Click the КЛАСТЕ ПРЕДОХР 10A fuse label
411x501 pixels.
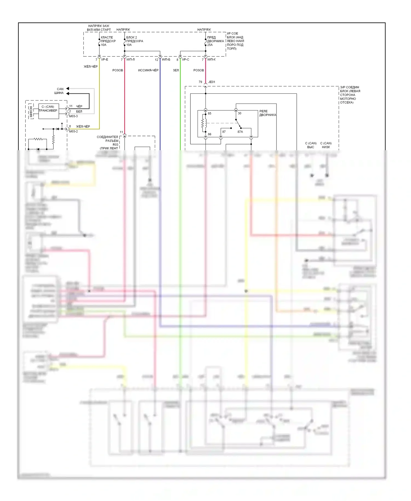pos(108,41)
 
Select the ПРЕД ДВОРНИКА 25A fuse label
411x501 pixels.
pos(215,41)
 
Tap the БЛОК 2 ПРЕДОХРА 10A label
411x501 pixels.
pos(134,41)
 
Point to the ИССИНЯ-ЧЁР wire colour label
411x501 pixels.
pos(148,70)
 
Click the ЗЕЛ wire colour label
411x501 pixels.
pos(176,70)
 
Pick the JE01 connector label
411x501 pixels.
pos(212,82)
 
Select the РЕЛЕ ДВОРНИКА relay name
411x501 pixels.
pos(267,113)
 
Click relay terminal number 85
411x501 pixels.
pos(210,113)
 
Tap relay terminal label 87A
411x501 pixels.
pos(240,132)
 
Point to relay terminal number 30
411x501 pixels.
pos(239,113)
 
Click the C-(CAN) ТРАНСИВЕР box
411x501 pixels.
pos(48,111)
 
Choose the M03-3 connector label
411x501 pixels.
pos(73,116)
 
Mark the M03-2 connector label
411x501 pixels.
pos(73,132)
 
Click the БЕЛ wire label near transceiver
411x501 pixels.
pos(79,112)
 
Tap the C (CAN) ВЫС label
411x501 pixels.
pos(311,145)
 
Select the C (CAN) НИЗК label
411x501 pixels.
pos(326,145)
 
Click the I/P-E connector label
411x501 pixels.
pos(105,59)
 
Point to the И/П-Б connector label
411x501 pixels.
pos(166,59)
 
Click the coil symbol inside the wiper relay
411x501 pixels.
pos(204,123)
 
